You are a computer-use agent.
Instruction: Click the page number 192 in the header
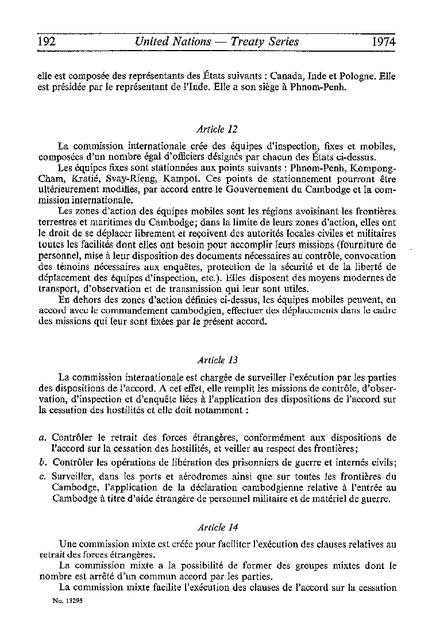pos(46,41)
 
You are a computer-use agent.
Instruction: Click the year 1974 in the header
pos(384,41)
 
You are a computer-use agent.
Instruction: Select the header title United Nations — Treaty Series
pos(216,41)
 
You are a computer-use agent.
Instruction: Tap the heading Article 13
pos(217,360)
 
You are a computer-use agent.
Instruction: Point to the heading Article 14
pos(217,526)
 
